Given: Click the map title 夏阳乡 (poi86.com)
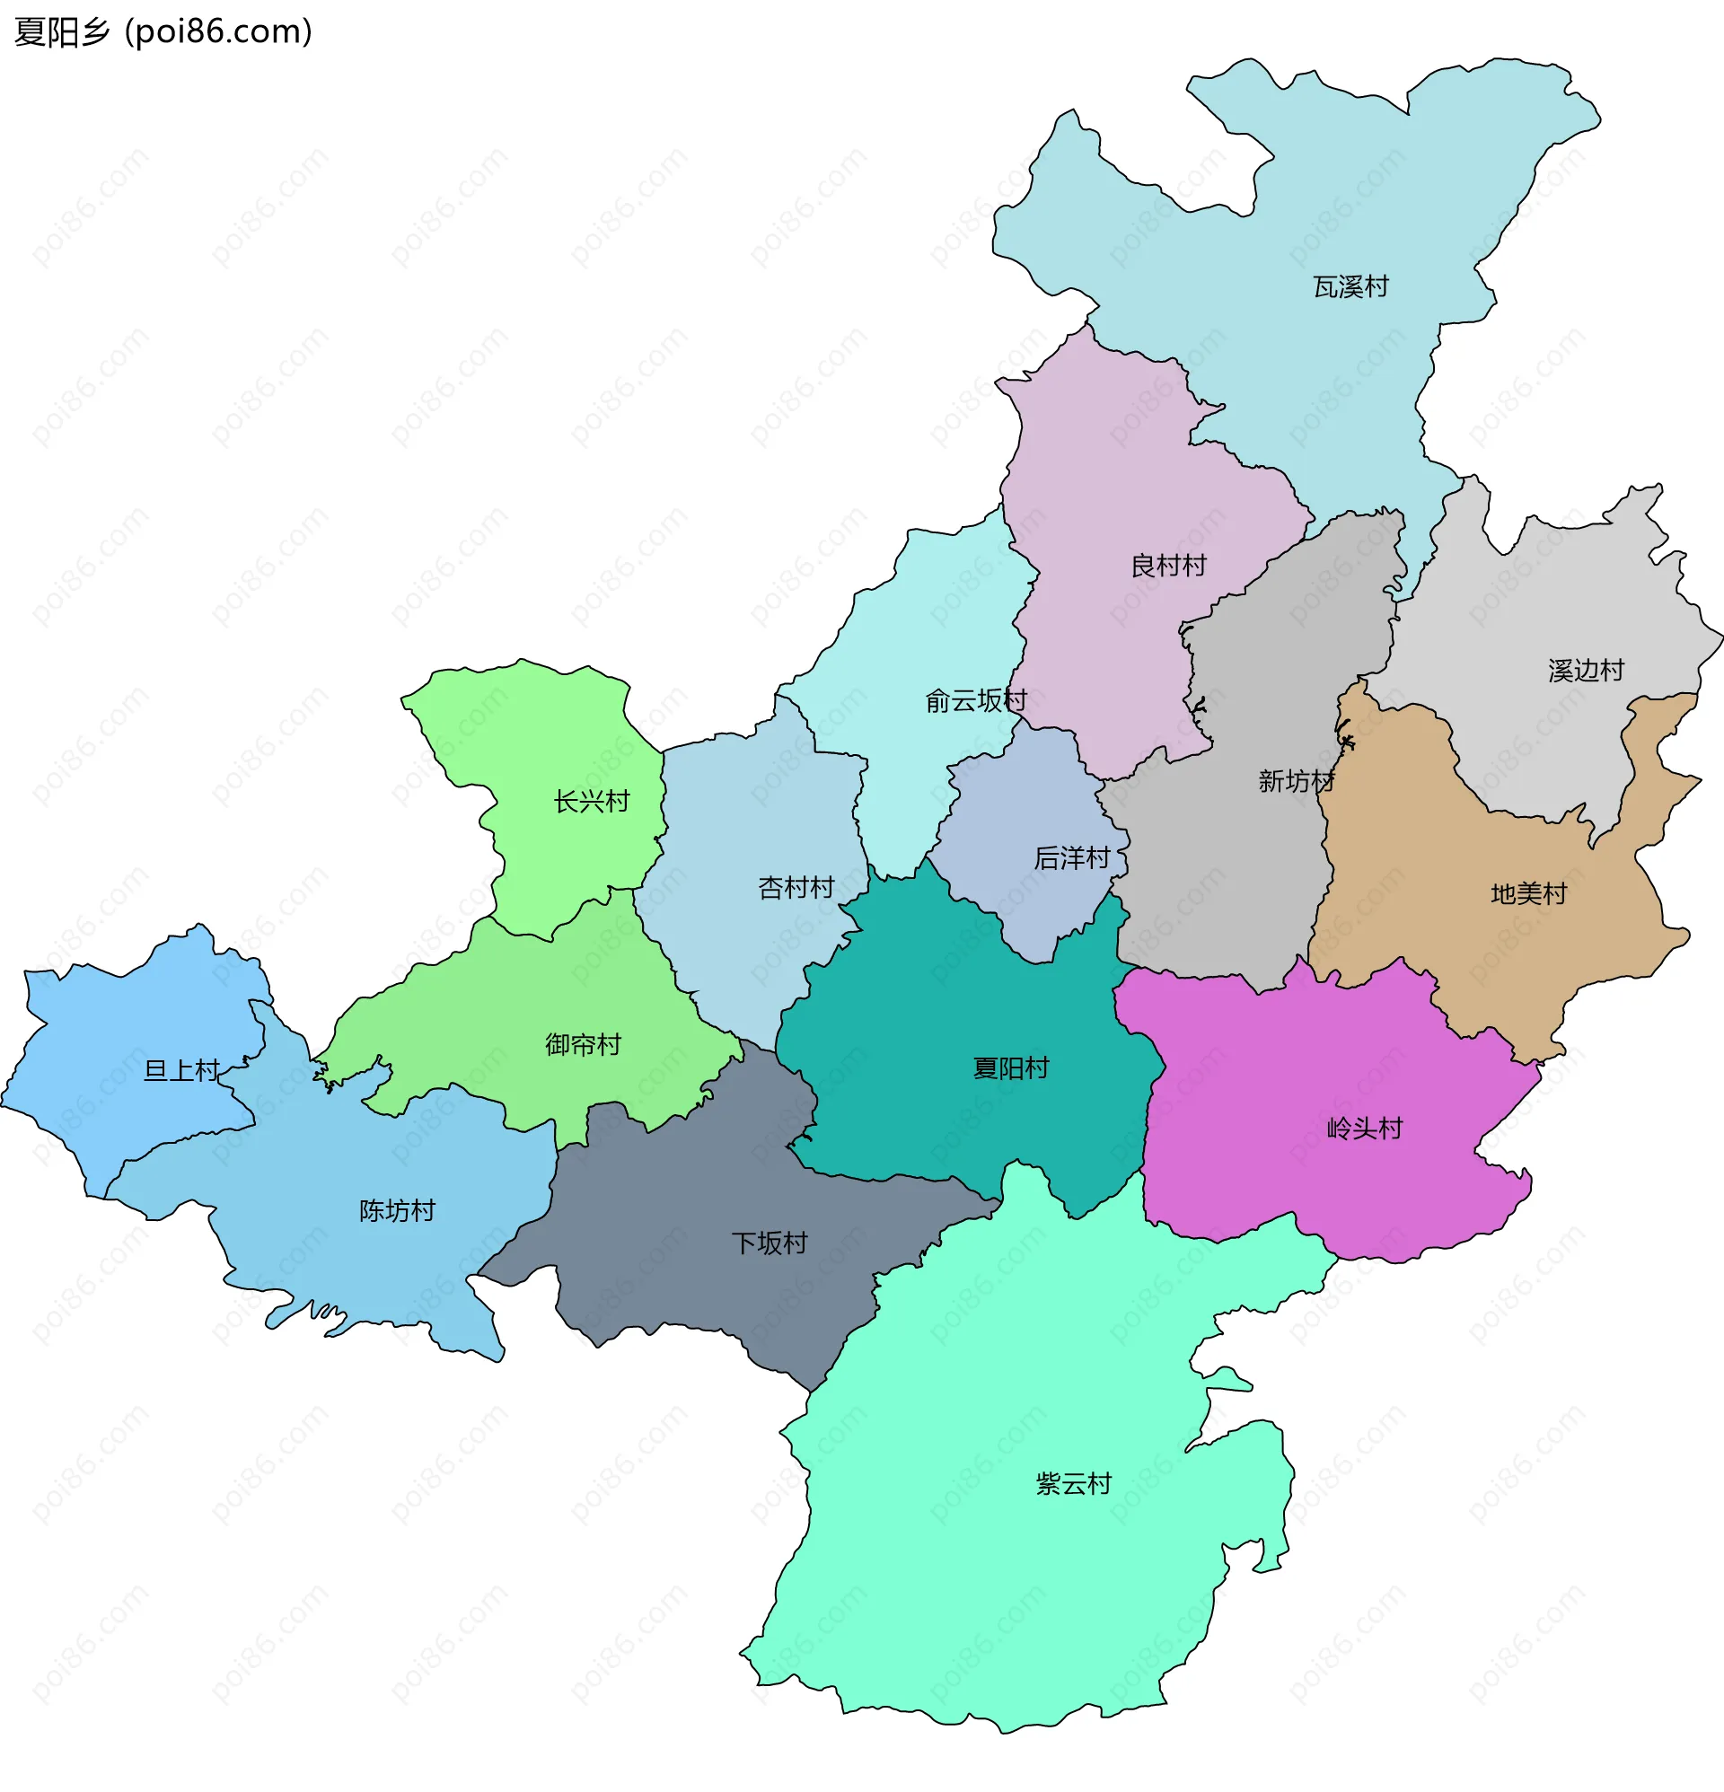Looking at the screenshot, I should (x=163, y=32).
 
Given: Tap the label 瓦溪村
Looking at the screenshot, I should (x=1350, y=287).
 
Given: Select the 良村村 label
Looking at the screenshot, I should (x=1168, y=566).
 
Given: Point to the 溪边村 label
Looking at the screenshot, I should (x=1586, y=670).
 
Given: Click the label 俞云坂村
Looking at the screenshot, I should (x=976, y=701).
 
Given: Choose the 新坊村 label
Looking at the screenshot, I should (x=1296, y=781).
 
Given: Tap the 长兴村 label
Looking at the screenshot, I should (x=592, y=802).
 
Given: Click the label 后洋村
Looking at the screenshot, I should (x=1071, y=857).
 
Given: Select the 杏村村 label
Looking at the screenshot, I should (x=796, y=887).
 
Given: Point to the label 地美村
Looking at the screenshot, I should (x=1528, y=893).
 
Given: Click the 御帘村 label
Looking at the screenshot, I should (x=583, y=1044).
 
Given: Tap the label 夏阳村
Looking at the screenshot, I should (x=1011, y=1067).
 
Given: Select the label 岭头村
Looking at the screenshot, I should (x=1364, y=1129).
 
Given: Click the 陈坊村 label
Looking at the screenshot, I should (x=397, y=1210).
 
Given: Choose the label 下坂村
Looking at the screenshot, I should (x=770, y=1243).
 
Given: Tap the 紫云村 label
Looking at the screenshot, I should (x=1073, y=1483).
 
